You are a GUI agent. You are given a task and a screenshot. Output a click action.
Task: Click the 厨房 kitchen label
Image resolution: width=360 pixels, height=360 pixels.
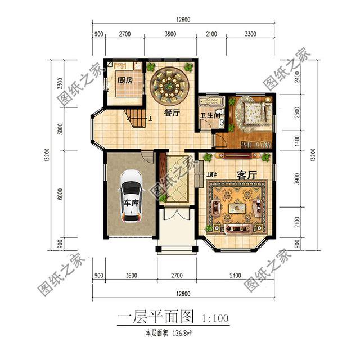tap(125, 80)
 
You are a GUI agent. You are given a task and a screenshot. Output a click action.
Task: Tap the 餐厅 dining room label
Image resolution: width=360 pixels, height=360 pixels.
tap(172, 112)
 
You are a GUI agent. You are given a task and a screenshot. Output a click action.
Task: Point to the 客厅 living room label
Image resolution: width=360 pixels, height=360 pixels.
tap(246, 175)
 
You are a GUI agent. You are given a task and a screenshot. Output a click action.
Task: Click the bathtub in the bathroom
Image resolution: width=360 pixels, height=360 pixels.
tap(212, 102)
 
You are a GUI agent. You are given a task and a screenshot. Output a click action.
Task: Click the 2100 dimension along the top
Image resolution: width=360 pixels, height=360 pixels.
tap(211, 34)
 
